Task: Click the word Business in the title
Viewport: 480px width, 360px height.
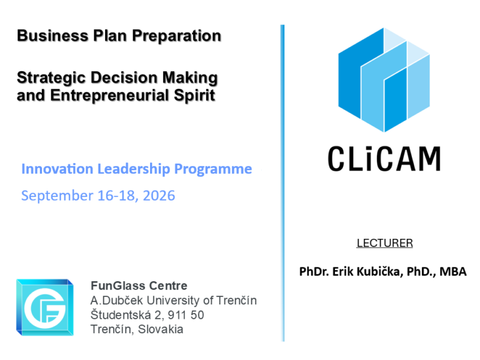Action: click(x=52, y=36)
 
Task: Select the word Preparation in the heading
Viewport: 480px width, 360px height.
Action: click(x=177, y=36)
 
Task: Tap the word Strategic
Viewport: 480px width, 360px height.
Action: click(x=51, y=78)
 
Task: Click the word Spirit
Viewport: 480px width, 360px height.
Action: click(x=194, y=95)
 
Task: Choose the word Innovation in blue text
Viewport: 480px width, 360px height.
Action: click(x=57, y=169)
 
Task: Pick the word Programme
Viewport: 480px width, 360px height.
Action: click(x=213, y=169)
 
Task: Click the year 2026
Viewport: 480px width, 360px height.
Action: click(x=159, y=195)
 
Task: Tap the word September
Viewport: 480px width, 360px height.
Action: click(x=57, y=196)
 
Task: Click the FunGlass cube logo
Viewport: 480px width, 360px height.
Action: click(x=45, y=307)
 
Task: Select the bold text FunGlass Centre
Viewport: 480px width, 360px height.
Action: click(x=139, y=286)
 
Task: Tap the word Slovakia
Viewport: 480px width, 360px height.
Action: click(x=161, y=329)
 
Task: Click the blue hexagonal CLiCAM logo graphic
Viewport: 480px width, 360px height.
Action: click(x=384, y=79)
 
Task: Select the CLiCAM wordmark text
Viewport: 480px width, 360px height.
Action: click(x=384, y=158)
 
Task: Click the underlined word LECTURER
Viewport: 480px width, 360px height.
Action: click(x=384, y=243)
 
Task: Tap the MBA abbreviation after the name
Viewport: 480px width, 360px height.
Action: click(x=453, y=271)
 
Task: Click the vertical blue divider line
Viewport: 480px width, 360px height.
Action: click(x=282, y=183)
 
